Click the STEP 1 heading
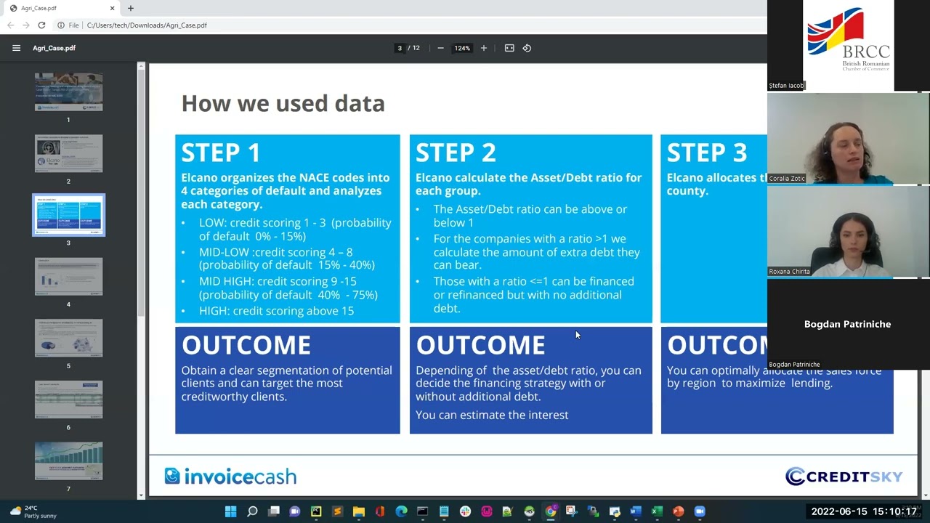click(x=221, y=153)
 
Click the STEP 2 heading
click(x=456, y=153)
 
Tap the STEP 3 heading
click(x=706, y=153)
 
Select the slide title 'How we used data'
click(x=283, y=103)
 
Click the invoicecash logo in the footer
click(x=230, y=477)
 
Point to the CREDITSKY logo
click(x=844, y=477)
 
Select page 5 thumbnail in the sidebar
click(x=68, y=338)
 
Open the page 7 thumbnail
click(x=68, y=461)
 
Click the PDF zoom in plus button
click(x=484, y=48)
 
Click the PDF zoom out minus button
click(x=440, y=48)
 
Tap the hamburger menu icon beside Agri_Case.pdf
click(x=16, y=48)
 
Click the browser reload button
click(x=41, y=25)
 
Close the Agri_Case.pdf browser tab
click(x=113, y=8)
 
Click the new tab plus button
click(x=131, y=8)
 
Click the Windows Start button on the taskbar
click(x=230, y=511)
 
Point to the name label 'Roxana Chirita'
click(x=789, y=272)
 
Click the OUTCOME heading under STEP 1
click(x=246, y=345)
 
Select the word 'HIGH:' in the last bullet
click(x=214, y=311)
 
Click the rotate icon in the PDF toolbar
click(x=527, y=48)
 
